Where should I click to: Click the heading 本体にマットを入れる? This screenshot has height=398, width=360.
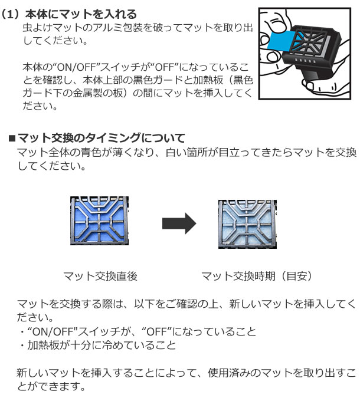point(81,14)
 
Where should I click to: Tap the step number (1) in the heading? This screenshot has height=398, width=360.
point(10,14)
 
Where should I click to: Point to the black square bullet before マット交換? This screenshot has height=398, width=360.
point(12,139)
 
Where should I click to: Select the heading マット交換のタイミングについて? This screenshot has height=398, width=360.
point(102,138)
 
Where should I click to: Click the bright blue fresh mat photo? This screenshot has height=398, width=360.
point(99,221)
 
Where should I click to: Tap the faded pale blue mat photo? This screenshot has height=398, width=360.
point(247,224)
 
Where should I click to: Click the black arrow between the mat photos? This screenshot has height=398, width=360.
point(179,223)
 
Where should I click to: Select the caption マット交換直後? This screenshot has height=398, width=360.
point(100,276)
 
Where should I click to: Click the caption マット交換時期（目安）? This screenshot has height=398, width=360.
point(257,276)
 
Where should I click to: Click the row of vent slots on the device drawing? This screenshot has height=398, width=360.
point(305,61)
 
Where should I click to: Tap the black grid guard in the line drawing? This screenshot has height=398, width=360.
point(312,42)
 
